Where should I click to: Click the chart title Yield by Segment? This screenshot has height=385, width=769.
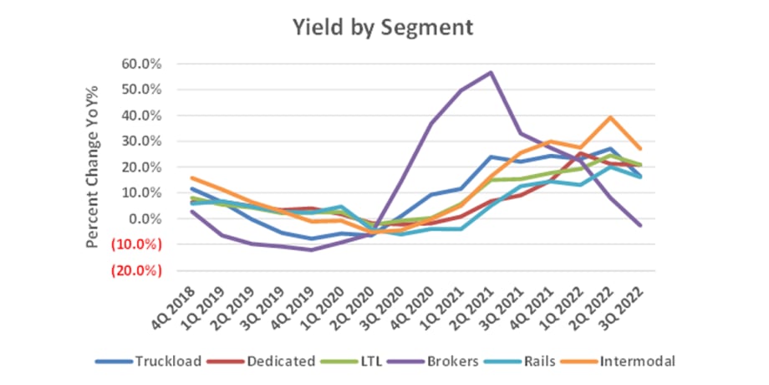pos(382,27)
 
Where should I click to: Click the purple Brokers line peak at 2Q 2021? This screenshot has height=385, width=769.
pos(491,72)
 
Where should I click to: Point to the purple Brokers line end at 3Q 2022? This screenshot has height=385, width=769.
pos(640,226)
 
